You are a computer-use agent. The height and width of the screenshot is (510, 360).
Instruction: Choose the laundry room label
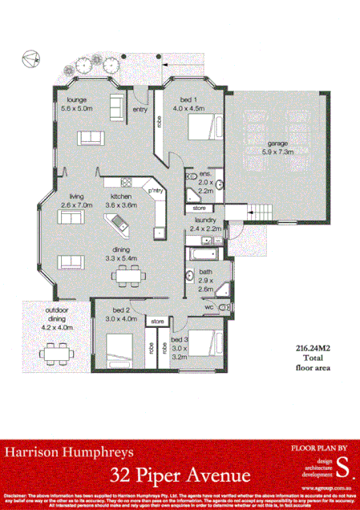207,224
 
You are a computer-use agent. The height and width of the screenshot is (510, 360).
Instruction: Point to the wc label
208,306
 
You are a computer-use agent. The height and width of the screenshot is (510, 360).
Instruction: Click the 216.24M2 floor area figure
309,350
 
